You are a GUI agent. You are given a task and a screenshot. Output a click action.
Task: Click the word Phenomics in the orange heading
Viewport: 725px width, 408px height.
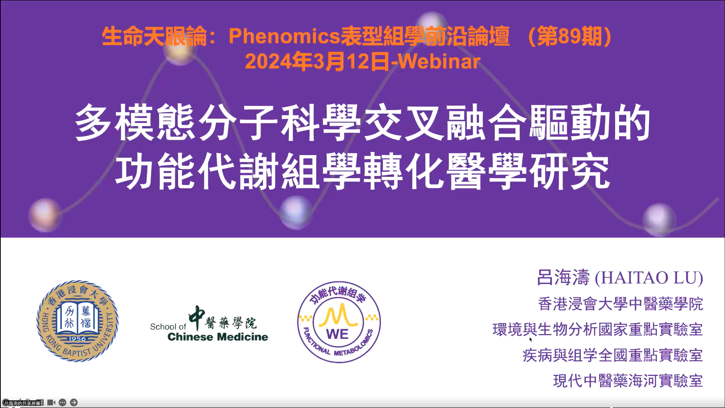point(284,36)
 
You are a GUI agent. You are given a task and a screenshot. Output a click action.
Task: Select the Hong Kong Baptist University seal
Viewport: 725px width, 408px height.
point(77,321)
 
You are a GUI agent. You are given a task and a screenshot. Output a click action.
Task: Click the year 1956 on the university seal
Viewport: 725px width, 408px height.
point(77,338)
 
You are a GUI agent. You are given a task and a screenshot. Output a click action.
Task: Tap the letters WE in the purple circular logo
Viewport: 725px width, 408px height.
point(337,334)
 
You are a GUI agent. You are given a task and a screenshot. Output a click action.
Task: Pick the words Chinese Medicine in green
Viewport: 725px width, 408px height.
point(218,337)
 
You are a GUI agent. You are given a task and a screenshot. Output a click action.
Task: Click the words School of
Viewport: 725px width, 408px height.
point(168,327)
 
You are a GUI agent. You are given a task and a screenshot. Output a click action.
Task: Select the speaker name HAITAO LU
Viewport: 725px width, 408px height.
point(649,278)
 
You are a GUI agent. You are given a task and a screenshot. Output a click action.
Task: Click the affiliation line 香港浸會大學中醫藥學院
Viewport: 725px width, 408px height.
point(621,304)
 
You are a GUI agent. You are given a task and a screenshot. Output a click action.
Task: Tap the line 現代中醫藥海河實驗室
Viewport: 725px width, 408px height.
point(628,381)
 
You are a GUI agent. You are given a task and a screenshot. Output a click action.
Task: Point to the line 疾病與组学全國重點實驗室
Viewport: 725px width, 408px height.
point(613,355)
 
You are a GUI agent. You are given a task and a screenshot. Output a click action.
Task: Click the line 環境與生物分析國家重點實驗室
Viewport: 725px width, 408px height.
point(597,330)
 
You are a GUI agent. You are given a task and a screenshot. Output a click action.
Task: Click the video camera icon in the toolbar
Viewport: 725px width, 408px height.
point(51,402)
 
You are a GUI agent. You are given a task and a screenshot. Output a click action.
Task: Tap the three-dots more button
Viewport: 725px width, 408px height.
point(62,402)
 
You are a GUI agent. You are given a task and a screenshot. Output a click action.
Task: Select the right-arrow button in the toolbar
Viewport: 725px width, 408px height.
point(74,402)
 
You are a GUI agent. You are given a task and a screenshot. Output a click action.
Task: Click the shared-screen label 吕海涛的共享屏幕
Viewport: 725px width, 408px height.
point(22,403)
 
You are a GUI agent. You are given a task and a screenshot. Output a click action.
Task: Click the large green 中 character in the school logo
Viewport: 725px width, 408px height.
point(197,318)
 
